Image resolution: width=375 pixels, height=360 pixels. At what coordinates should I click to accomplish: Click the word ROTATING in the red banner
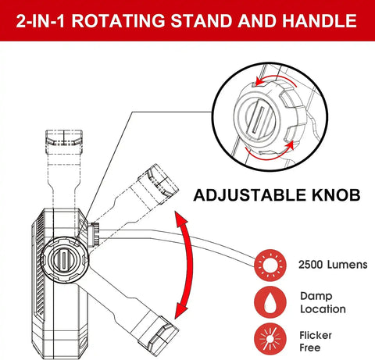(x=118, y=20)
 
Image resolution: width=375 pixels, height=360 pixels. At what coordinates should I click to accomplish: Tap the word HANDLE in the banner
(x=320, y=20)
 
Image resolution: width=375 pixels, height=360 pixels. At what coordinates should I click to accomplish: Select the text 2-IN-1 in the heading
(x=41, y=20)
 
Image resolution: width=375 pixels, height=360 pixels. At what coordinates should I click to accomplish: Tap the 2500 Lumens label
(x=333, y=265)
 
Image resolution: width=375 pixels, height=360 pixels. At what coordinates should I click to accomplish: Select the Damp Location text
(x=323, y=302)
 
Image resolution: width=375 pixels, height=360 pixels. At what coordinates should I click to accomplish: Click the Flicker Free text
(x=316, y=341)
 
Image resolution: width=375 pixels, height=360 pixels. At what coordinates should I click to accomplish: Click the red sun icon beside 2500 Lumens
(x=270, y=266)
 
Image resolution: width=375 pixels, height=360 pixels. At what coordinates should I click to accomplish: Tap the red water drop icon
(x=270, y=302)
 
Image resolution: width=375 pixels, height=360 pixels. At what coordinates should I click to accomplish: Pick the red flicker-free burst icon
(x=270, y=340)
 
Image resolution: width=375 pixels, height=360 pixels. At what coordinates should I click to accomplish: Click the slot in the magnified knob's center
(x=259, y=119)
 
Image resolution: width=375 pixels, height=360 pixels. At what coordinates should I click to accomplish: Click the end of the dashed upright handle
(x=64, y=137)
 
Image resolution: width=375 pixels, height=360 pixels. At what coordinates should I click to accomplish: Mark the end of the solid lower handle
(x=159, y=337)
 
